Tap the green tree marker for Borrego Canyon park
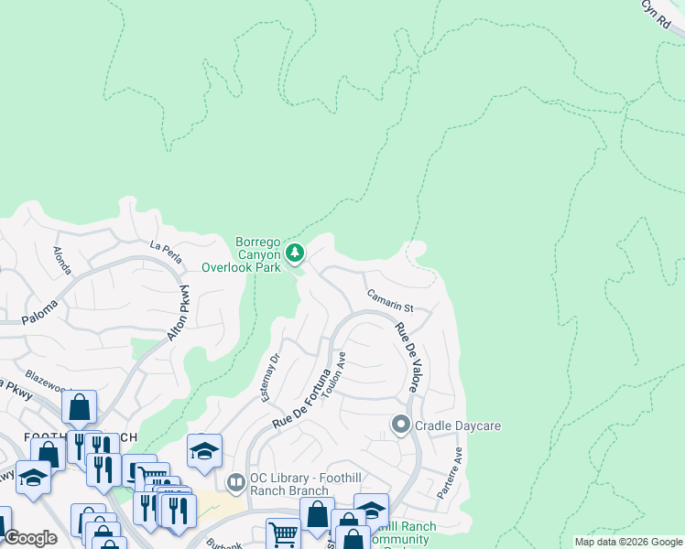tap(294, 252)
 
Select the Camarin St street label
tap(390, 301)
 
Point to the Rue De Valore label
tap(407, 358)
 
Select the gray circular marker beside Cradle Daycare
tap(400, 425)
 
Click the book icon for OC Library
tap(235, 480)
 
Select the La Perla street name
tap(168, 246)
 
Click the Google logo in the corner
tap(30, 538)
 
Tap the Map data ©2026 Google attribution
tap(627, 542)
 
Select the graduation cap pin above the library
tap(204, 449)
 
